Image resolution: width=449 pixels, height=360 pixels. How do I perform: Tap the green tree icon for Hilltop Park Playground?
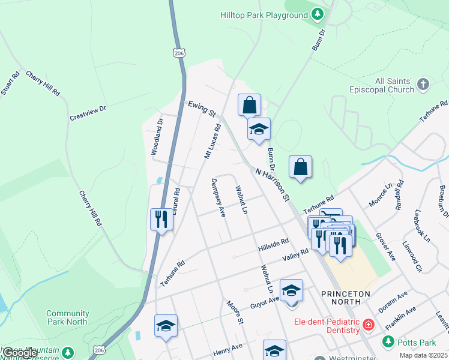tap(318, 14)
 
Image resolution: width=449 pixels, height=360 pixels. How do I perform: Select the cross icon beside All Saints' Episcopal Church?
tap(423, 85)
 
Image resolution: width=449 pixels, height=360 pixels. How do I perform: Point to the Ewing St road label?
tap(201, 108)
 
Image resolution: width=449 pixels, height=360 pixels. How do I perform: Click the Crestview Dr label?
tap(88, 113)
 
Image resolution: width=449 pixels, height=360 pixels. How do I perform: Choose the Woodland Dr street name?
tap(157, 137)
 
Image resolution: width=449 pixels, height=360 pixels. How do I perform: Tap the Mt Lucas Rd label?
tap(212, 142)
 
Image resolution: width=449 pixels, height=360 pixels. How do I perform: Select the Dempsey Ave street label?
tap(217, 197)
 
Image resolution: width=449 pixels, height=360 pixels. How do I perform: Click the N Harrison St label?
tap(273, 185)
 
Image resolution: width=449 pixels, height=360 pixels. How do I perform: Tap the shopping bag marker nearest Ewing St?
tap(249, 105)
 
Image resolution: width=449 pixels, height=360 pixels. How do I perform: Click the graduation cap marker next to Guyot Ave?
tap(292, 290)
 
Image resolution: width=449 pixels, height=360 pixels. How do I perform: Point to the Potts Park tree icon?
tap(388, 341)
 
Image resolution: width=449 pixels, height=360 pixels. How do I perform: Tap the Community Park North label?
tap(67, 317)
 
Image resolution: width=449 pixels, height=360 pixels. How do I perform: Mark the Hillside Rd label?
tap(274, 244)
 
